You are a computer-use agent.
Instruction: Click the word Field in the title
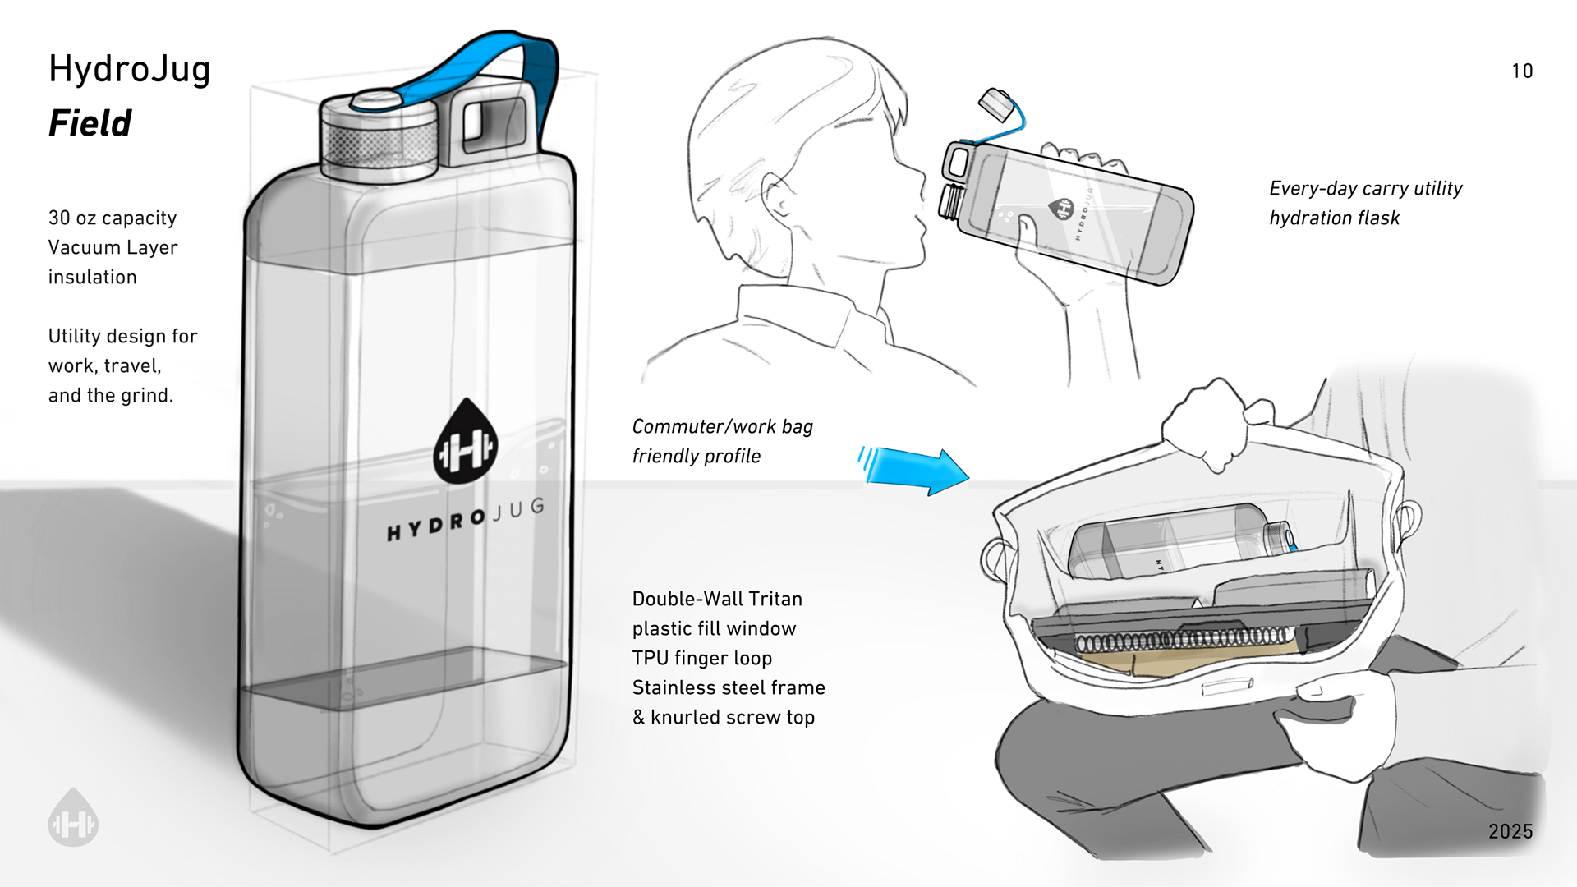point(90,123)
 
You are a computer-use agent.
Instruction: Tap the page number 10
point(1522,71)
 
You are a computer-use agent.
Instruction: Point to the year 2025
point(1510,831)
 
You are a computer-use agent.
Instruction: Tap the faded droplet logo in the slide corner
point(73,817)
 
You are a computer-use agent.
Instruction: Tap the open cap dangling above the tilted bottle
point(997,103)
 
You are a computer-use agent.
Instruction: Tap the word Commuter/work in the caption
point(681,426)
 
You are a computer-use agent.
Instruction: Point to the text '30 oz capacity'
point(113,218)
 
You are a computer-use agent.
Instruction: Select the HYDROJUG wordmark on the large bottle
point(466,520)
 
